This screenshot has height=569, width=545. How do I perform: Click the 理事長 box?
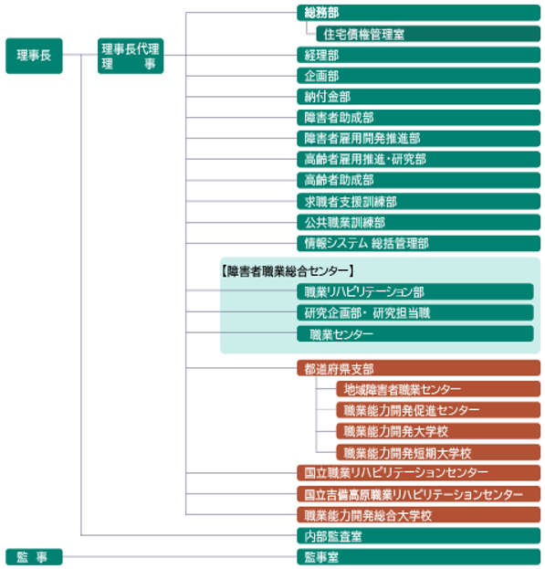(34, 56)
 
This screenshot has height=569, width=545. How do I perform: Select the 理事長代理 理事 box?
(131, 56)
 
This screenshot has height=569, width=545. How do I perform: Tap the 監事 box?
(34, 556)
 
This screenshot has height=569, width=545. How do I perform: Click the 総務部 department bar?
(418, 13)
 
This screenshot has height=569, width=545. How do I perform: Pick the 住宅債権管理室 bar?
(428, 34)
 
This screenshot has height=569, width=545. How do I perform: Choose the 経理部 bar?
(418, 55)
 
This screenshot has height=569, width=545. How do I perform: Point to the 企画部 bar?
(418, 76)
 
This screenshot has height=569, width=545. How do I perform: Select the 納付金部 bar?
(418, 97)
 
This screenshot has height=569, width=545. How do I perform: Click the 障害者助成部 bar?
(418, 118)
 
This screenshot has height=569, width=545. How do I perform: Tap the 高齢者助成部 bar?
(418, 180)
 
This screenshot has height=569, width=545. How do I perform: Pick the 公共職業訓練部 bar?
(418, 223)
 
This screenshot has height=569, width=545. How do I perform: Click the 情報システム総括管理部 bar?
(418, 244)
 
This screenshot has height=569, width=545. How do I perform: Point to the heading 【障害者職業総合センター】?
(288, 270)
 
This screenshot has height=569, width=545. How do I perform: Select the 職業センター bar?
(415, 334)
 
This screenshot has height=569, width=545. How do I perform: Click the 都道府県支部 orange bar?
(418, 368)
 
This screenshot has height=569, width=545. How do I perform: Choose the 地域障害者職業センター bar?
(438, 389)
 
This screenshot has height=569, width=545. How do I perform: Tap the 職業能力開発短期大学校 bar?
(438, 452)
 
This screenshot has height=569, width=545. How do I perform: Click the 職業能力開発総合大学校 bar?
(418, 515)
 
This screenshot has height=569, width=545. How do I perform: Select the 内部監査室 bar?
(418, 535)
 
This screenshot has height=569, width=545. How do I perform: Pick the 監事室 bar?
(418, 556)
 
